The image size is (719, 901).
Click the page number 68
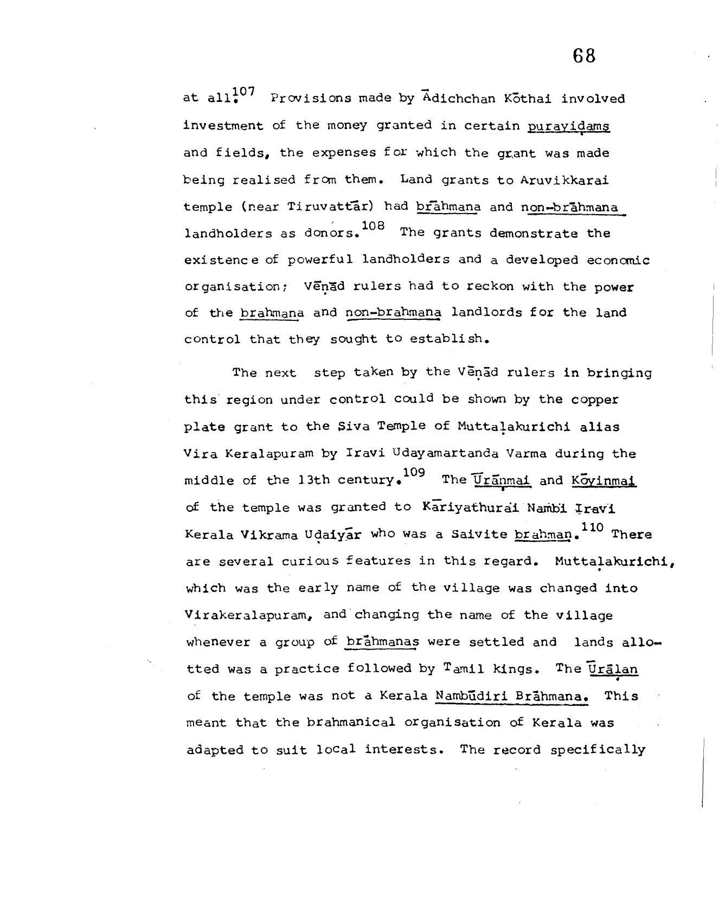pos(583,55)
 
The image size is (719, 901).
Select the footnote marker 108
pos(373,225)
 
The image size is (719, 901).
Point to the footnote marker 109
pos(414,472)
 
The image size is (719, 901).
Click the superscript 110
pos(592,526)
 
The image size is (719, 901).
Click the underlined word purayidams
pos(569,126)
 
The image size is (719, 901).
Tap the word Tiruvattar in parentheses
pos(332,207)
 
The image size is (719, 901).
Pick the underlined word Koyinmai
pos(604,480)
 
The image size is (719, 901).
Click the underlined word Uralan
pos(613,669)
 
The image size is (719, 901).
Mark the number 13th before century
pos(313,480)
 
